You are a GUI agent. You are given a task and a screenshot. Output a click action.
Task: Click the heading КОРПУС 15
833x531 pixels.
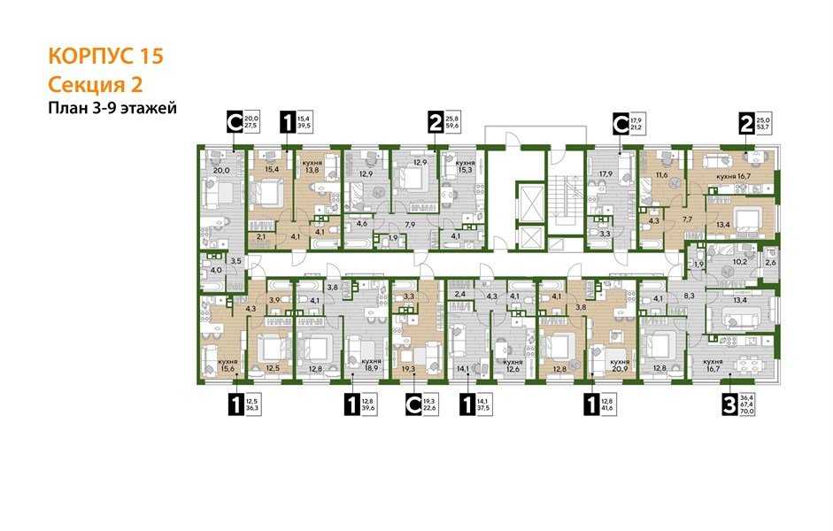(x=104, y=57)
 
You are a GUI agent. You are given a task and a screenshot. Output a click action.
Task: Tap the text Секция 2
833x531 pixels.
(x=95, y=85)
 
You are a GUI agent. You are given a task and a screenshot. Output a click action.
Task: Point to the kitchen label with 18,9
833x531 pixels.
(x=371, y=367)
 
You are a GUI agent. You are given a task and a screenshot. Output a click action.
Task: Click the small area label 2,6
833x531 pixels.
(x=769, y=262)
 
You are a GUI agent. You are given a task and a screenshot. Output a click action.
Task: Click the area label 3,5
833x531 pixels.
(x=235, y=263)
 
